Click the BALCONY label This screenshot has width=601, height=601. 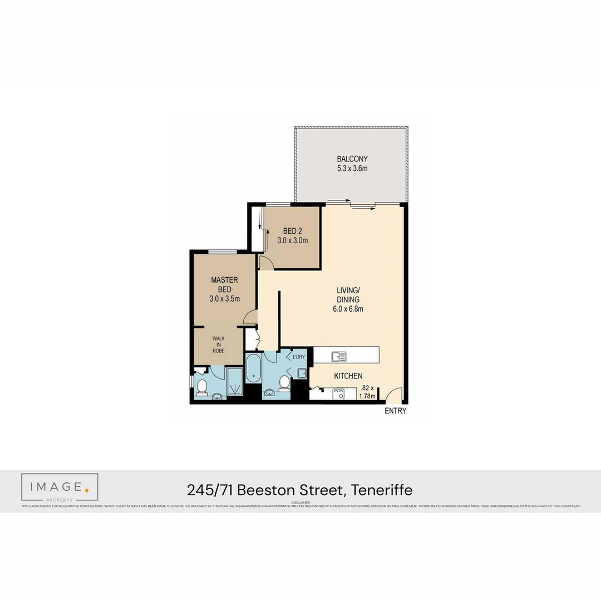(352, 159)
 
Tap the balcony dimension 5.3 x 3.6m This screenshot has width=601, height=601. (352, 169)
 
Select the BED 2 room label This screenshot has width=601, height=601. (292, 231)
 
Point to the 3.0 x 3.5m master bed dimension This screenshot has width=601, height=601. (224, 299)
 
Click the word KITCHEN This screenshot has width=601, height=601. (348, 376)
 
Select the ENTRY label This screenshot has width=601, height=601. (395, 411)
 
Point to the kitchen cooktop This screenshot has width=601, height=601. (338, 394)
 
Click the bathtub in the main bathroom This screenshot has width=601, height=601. (253, 368)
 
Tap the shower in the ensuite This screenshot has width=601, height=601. (235, 381)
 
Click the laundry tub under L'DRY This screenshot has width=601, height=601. (301, 373)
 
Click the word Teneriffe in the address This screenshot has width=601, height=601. (382, 490)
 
